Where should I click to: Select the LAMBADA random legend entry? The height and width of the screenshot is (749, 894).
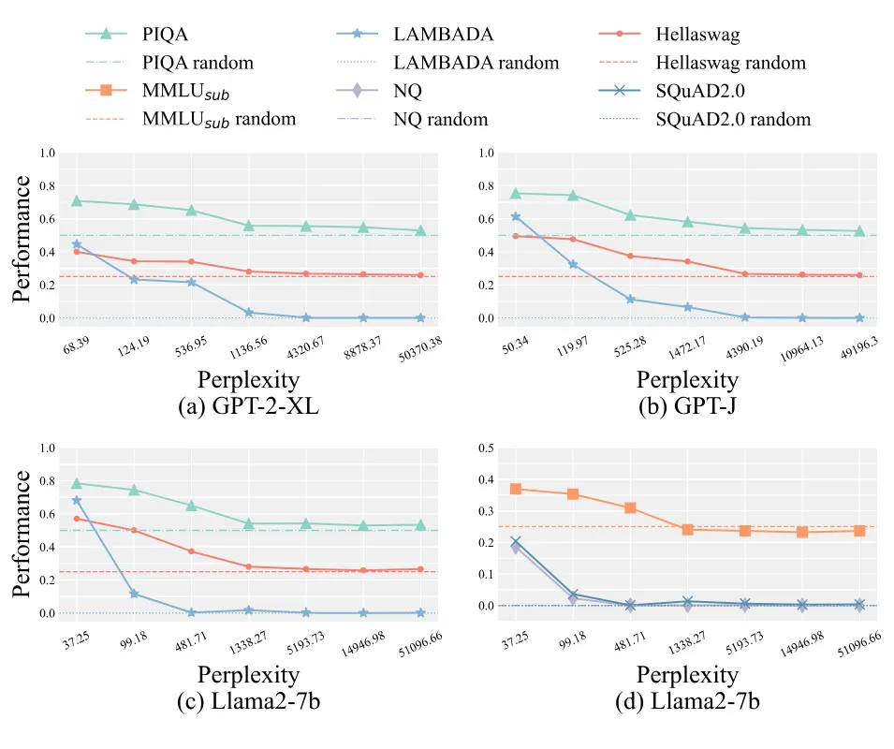(476, 63)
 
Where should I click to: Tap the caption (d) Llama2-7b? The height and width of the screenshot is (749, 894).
(687, 703)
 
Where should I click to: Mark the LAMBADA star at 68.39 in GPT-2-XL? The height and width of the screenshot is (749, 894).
(77, 244)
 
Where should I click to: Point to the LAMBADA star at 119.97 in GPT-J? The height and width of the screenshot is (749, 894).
(572, 265)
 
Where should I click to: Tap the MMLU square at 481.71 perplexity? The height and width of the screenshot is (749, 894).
(630, 507)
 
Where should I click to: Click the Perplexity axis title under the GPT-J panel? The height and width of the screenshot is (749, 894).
(687, 380)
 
